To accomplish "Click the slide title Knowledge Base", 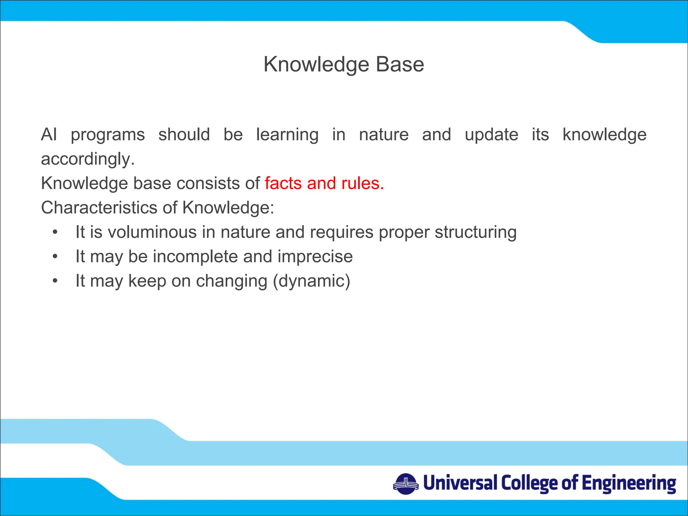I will (344, 64).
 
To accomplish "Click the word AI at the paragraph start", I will (49, 135).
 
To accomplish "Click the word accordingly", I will (88, 159).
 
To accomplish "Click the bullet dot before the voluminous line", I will (55, 232).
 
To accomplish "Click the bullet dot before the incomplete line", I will (55, 257).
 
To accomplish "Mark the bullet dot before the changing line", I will (55, 281).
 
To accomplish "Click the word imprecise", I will (315, 257).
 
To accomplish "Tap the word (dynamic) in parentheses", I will (311, 281).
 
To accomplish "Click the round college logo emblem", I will (405, 484).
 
